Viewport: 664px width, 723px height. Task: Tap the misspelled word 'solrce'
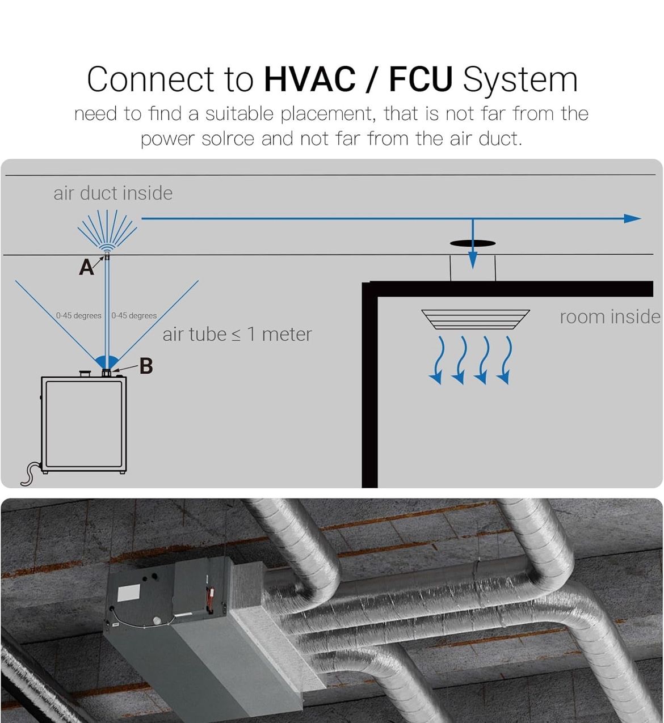click(228, 138)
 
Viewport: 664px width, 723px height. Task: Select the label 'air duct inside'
click(113, 193)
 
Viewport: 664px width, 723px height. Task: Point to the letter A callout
click(86, 267)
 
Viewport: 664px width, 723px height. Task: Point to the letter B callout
click(146, 366)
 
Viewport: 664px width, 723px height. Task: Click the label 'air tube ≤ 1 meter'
click(237, 335)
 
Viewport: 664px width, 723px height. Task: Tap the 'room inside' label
click(610, 317)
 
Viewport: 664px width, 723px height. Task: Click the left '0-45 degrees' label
click(78, 316)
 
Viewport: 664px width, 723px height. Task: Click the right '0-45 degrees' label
click(134, 316)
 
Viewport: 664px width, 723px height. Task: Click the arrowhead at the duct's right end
click(632, 218)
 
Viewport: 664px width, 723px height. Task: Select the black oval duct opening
click(473, 244)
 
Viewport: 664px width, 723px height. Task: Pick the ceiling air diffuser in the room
click(476, 319)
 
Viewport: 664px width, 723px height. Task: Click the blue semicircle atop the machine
click(107, 361)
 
